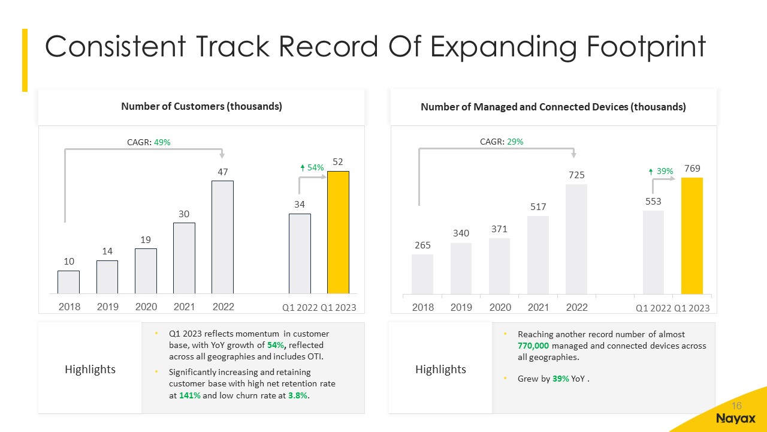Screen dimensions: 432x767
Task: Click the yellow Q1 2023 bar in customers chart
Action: (338, 233)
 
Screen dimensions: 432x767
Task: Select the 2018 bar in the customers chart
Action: (68, 282)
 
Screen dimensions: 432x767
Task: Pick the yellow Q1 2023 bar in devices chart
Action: (692, 236)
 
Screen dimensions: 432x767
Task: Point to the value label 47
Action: (222, 172)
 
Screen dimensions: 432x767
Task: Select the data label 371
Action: (499, 229)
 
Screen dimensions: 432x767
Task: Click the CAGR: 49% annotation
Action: (149, 142)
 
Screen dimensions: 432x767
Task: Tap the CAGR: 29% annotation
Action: (502, 142)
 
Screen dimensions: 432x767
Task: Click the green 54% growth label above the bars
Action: (312, 169)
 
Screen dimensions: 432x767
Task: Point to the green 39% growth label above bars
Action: (662, 172)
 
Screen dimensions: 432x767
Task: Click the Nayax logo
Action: (736, 418)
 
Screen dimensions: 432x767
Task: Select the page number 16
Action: (736, 405)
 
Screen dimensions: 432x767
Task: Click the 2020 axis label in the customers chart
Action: (146, 307)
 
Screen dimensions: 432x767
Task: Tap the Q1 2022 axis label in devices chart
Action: (653, 308)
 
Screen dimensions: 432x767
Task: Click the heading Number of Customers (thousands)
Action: (201, 107)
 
